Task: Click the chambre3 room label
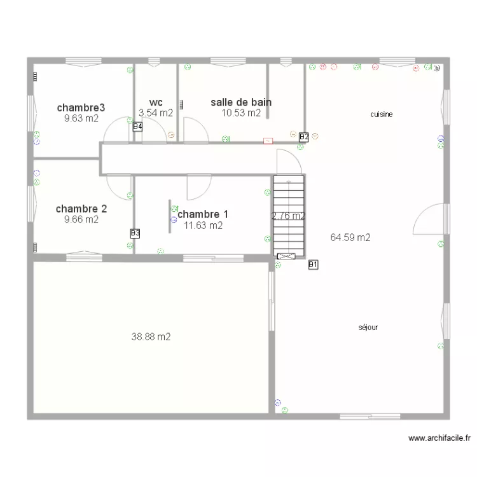pos(81,107)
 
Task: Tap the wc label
pos(156,102)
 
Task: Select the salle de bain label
pos(241,102)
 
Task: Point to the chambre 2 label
pos(81,209)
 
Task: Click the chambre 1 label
pos(203,214)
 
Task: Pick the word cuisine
pos(382,114)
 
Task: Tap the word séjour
pos(368,328)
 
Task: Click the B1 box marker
pos(313,265)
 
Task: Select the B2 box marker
pos(304,137)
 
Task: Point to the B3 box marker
pos(135,233)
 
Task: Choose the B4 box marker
pos(137,127)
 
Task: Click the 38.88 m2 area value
pos(151,336)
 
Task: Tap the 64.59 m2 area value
pos(350,238)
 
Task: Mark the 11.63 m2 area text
pos(204,225)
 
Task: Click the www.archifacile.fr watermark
pos(439,438)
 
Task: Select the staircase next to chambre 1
pos(289,216)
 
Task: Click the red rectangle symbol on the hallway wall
pos(268,141)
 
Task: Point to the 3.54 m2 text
pos(156,113)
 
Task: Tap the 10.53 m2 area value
pos(241,113)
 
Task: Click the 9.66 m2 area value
pos(81,219)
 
